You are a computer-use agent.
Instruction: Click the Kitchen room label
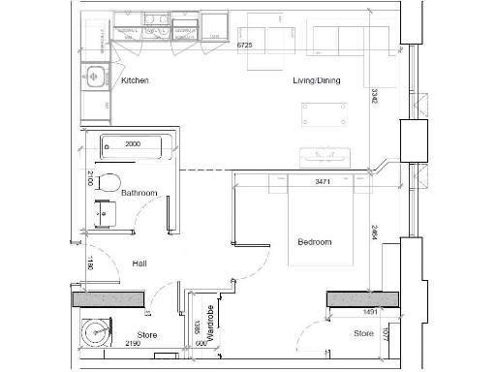click(x=135, y=80)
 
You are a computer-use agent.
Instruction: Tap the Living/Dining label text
click(x=319, y=80)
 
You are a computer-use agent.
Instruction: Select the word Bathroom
click(x=139, y=193)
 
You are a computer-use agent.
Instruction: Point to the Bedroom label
click(x=314, y=241)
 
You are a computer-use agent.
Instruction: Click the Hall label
click(x=139, y=262)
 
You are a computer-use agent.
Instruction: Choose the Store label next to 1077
click(x=362, y=333)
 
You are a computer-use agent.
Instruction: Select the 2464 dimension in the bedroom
click(x=375, y=234)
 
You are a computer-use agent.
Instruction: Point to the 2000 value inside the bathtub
click(x=133, y=142)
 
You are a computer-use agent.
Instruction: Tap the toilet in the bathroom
click(x=107, y=181)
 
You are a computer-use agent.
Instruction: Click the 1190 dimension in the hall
click(x=90, y=263)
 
